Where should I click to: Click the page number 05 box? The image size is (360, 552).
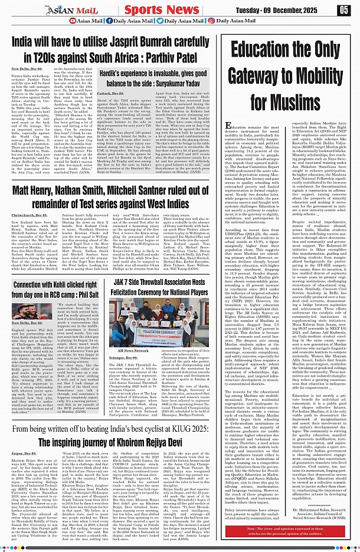coord(344,10)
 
